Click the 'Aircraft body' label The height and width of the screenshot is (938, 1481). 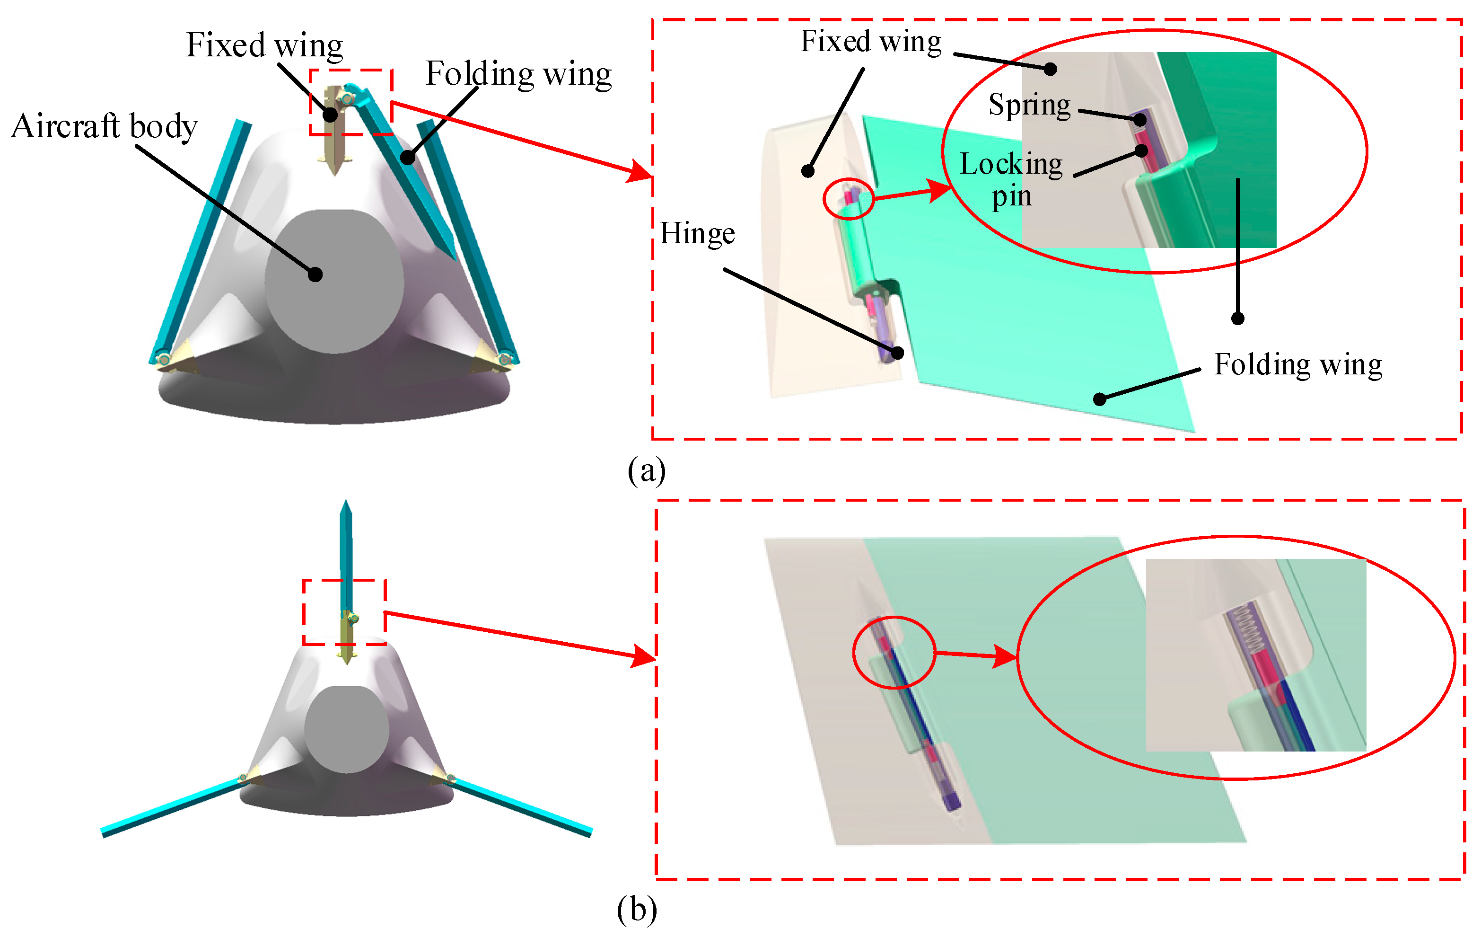105,127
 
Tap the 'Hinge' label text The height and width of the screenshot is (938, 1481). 697,234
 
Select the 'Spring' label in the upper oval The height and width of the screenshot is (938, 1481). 1029,105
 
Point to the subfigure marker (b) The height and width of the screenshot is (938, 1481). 637,910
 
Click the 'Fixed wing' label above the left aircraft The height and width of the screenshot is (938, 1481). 264,45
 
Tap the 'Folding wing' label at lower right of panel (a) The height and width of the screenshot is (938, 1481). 1298,364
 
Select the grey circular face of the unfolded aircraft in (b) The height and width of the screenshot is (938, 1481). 346,729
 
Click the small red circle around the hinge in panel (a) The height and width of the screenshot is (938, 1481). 848,199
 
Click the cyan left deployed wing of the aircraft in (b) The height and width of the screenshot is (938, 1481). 172,807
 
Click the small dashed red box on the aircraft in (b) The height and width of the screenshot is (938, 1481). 344,612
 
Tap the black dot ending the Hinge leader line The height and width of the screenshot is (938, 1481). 898,353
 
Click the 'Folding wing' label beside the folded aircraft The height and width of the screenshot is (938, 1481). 518,74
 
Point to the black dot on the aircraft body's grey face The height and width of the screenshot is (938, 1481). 315,274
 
